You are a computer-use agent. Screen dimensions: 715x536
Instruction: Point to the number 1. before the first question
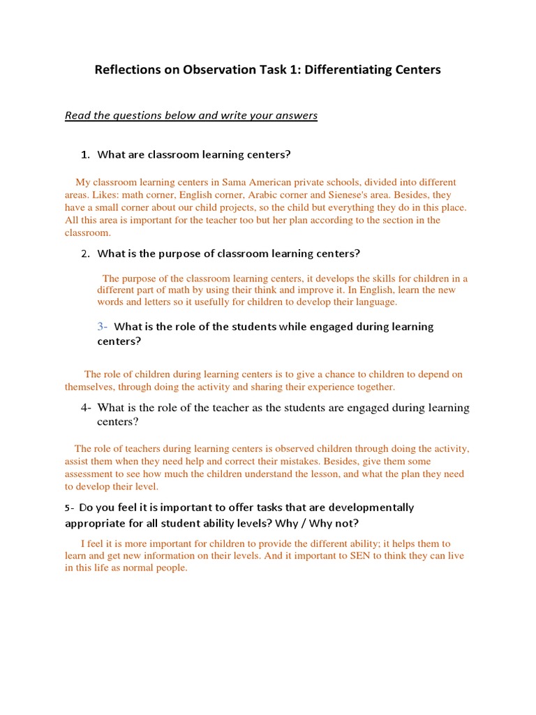coord(86,154)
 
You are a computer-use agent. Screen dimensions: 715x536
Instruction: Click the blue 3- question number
coord(102,326)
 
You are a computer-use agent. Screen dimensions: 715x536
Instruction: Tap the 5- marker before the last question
coord(70,508)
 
